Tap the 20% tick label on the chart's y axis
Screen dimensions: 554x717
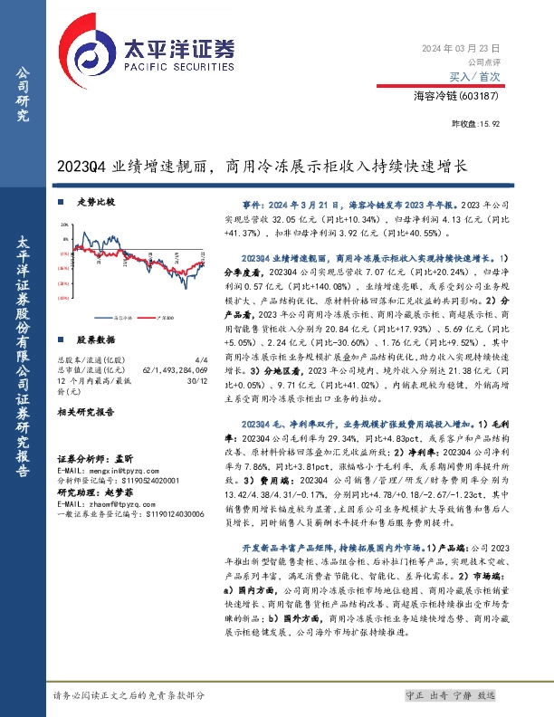click(62, 222)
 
